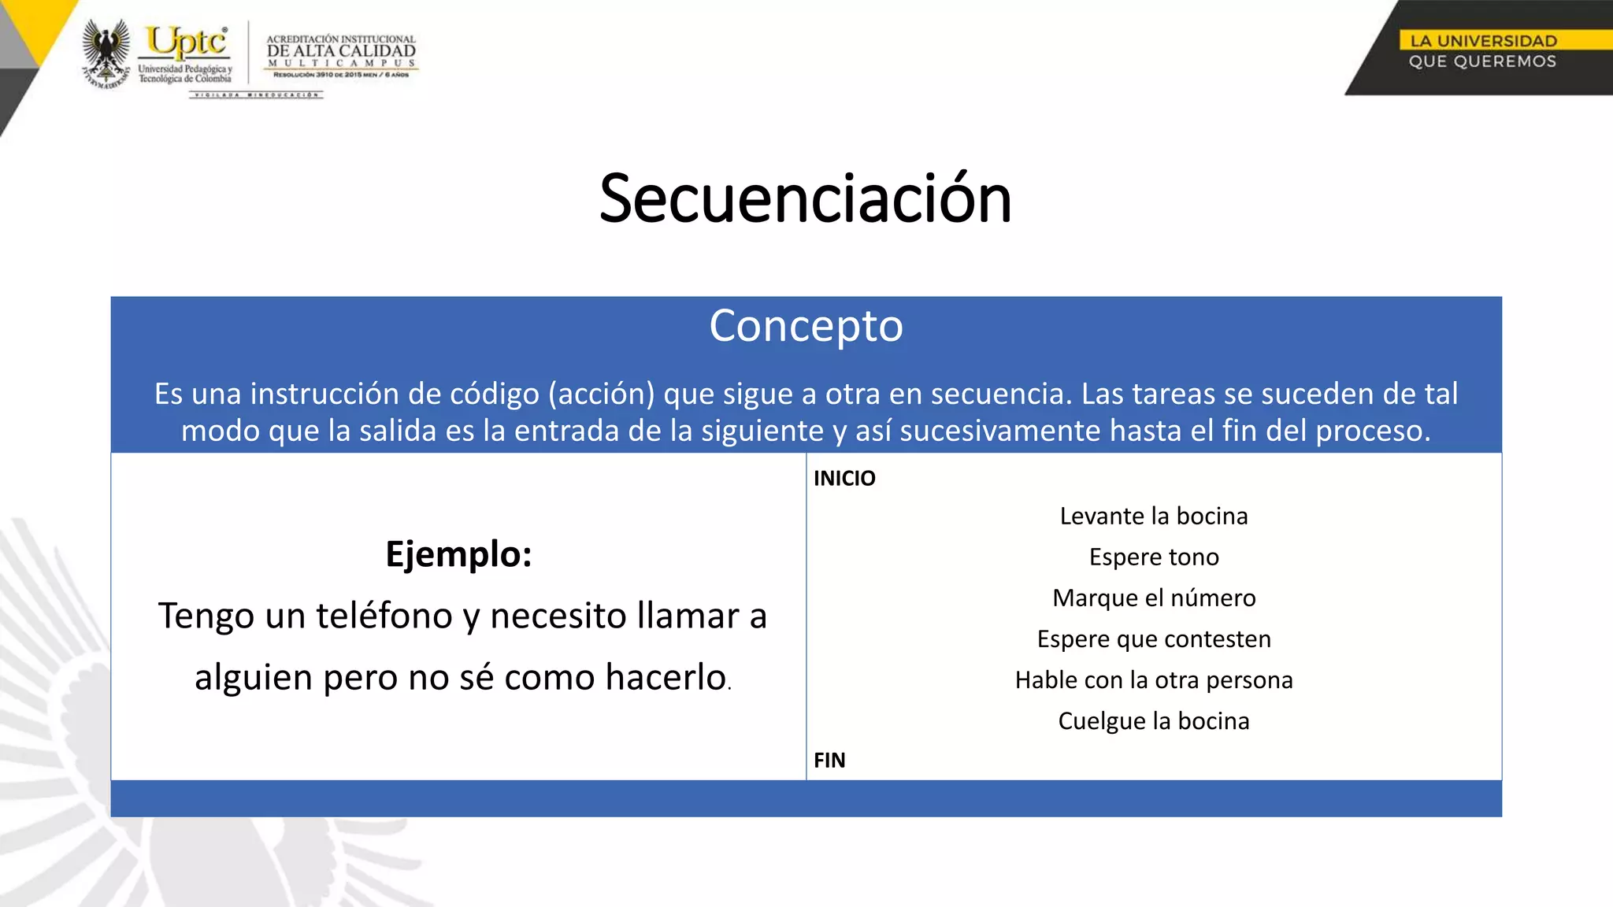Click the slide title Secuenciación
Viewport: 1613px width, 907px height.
[805, 198]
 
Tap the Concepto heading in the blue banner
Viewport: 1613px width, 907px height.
[806, 326]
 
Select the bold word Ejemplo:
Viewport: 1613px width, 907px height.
[458, 554]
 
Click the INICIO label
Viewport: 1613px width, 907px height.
[844, 479]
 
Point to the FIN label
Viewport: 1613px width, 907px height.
[829, 761]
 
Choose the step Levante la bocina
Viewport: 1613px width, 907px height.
[1154, 516]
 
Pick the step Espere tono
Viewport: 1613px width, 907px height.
[1154, 557]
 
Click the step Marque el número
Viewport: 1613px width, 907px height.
[1154, 598]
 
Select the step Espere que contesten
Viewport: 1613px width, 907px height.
[1154, 639]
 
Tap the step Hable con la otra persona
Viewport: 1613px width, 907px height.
[1154, 680]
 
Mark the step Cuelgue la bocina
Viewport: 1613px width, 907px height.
[1154, 721]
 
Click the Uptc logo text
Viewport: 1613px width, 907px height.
[187, 42]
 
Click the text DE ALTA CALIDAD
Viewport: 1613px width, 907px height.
[341, 51]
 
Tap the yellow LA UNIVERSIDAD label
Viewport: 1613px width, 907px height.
[1483, 41]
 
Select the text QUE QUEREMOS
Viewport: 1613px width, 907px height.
[1482, 61]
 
